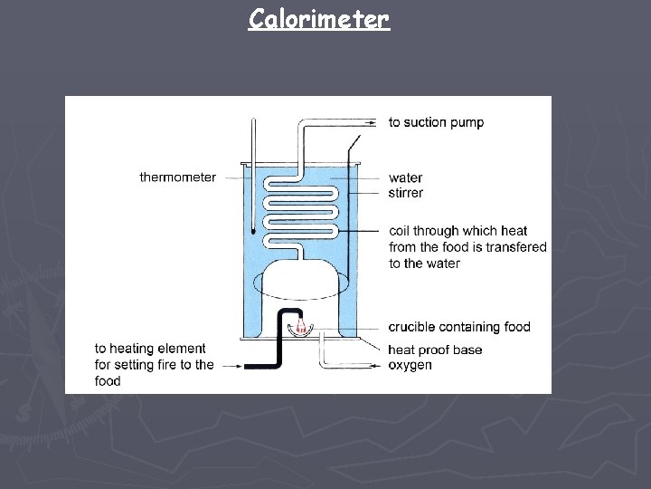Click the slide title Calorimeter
tap(318, 18)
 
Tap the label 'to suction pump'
tap(436, 122)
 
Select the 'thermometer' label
tap(178, 177)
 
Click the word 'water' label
tap(405, 178)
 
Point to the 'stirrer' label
tap(406, 193)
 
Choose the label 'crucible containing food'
tap(459, 327)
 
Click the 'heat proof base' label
tap(435, 350)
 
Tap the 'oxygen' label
tap(410, 365)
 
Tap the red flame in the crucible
tap(299, 327)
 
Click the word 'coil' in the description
tap(400, 231)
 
